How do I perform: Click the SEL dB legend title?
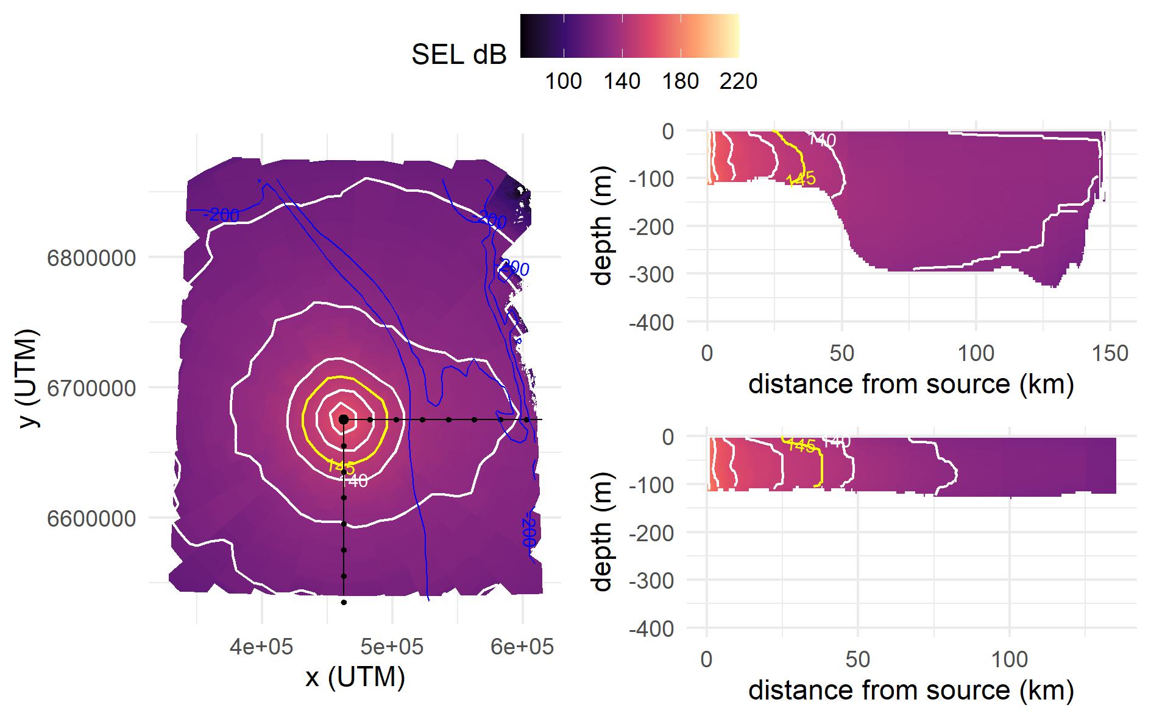click(459, 55)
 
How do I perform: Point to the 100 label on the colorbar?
click(563, 81)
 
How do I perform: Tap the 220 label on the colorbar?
click(738, 81)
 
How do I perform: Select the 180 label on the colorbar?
click(680, 81)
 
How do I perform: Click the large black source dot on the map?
click(344, 419)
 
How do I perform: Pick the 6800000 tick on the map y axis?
click(91, 258)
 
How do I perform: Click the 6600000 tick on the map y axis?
click(91, 519)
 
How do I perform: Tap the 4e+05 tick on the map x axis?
click(261, 646)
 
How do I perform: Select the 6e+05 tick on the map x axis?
click(522, 646)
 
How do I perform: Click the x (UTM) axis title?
click(355, 677)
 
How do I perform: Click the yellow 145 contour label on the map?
click(340, 466)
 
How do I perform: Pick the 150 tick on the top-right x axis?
click(1110, 353)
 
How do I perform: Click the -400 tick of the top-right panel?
click(651, 322)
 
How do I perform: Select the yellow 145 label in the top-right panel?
click(800, 179)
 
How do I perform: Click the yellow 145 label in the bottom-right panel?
click(800, 446)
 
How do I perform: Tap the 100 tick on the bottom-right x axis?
click(1009, 659)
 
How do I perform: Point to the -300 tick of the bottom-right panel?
click(651, 580)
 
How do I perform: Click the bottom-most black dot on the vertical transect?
click(344, 603)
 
